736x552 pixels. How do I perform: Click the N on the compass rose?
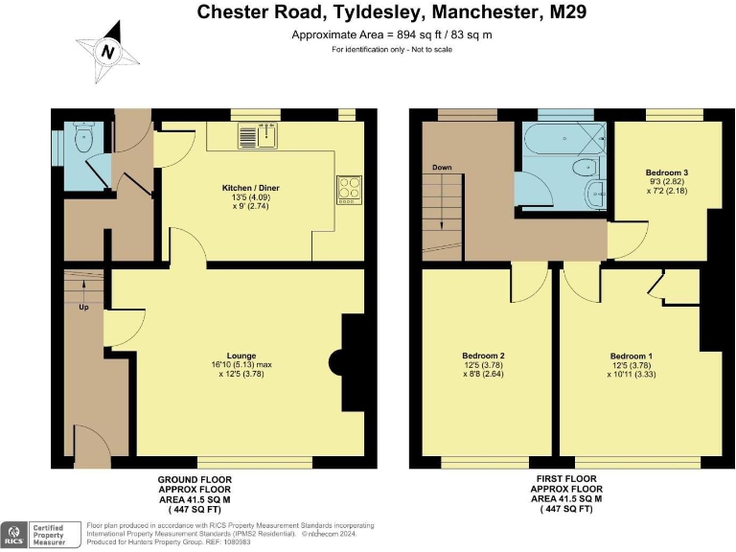[x=108, y=52]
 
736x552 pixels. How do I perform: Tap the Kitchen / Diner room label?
[x=251, y=188]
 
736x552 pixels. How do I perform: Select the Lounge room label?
[x=241, y=356]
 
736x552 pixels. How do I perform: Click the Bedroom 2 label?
[x=483, y=356]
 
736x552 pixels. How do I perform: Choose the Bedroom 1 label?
[x=631, y=356]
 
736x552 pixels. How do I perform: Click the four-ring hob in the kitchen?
[x=349, y=190]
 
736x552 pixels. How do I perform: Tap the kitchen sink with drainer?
[x=258, y=136]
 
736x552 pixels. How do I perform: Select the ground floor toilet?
[x=84, y=137]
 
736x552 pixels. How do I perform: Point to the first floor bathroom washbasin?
[x=596, y=193]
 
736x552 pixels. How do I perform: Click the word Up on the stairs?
[x=83, y=307]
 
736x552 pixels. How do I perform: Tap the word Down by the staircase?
[x=442, y=167]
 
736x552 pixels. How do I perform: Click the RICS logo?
[x=15, y=535]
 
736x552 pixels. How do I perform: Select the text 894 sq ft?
[x=414, y=34]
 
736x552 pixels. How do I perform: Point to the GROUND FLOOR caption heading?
[x=195, y=480]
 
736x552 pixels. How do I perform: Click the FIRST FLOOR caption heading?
[x=566, y=479]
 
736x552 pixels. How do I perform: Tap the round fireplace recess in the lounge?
[x=336, y=362]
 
